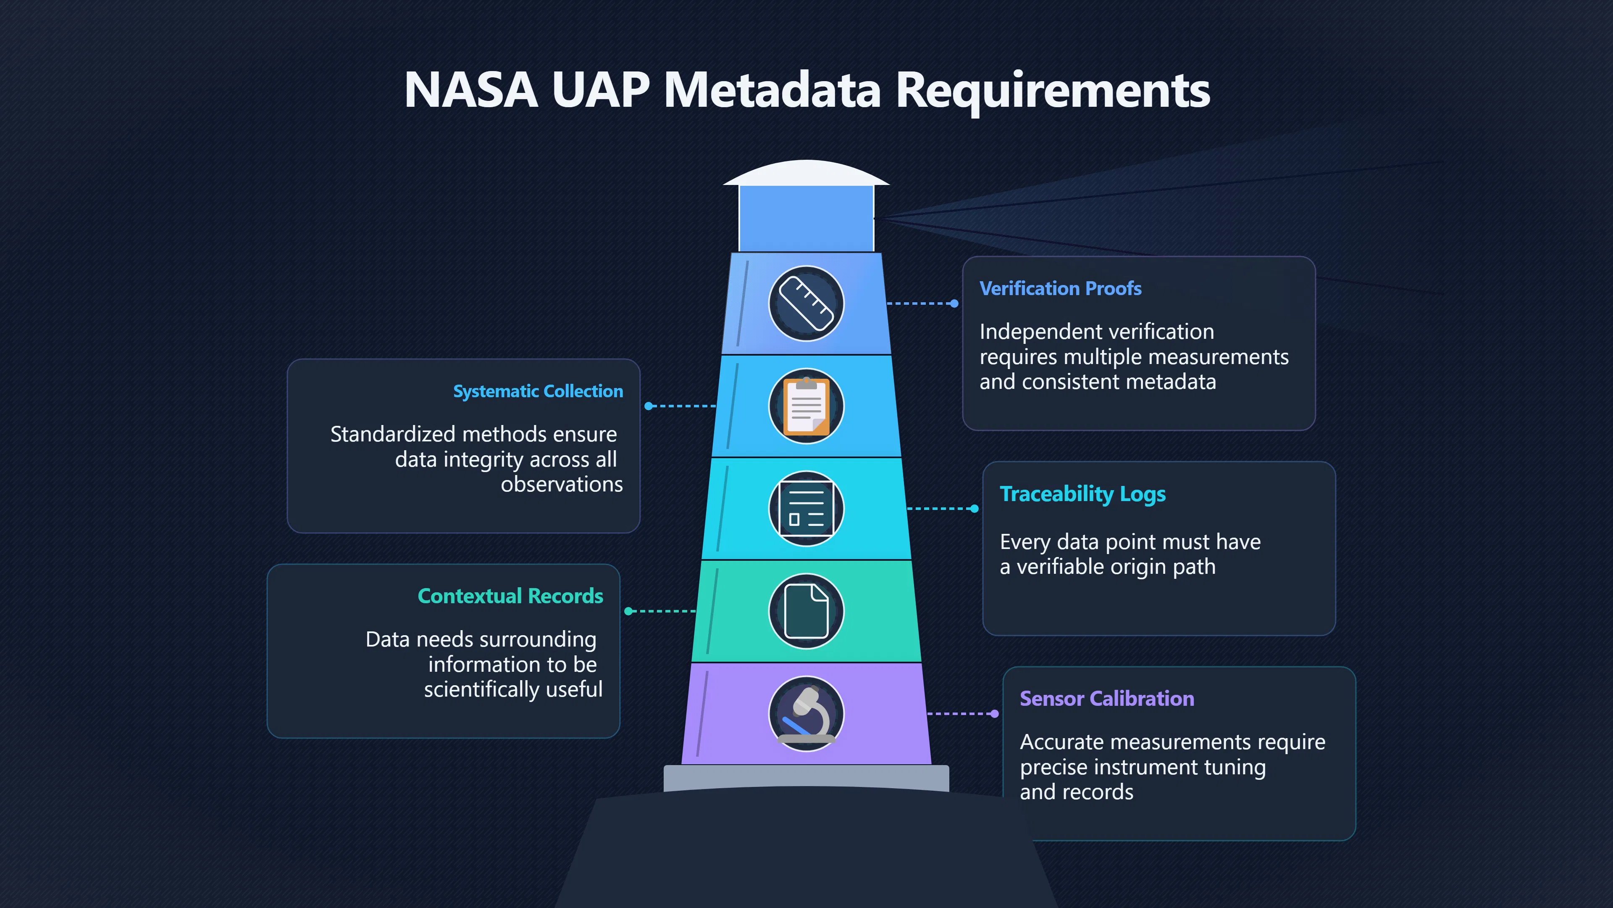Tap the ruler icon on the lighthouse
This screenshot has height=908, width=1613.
(x=806, y=303)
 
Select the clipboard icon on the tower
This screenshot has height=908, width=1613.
(x=806, y=406)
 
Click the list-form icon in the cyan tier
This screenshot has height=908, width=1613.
(x=806, y=508)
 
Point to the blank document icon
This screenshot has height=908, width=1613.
(x=806, y=611)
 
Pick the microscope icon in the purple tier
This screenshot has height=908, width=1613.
(x=806, y=714)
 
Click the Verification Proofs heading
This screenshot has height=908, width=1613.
(x=1060, y=288)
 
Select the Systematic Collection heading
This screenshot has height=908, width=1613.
(x=538, y=391)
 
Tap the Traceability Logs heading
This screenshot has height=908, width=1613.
(x=1082, y=494)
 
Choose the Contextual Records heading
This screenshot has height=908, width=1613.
(x=510, y=596)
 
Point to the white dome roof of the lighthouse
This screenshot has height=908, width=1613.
(x=806, y=173)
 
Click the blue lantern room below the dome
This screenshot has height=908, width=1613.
(x=806, y=219)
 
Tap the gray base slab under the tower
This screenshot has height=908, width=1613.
(x=806, y=778)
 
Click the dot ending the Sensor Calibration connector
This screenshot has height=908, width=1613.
(x=994, y=714)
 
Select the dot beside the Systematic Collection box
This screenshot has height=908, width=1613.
(x=649, y=406)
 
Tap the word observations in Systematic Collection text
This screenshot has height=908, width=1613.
(x=562, y=484)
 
